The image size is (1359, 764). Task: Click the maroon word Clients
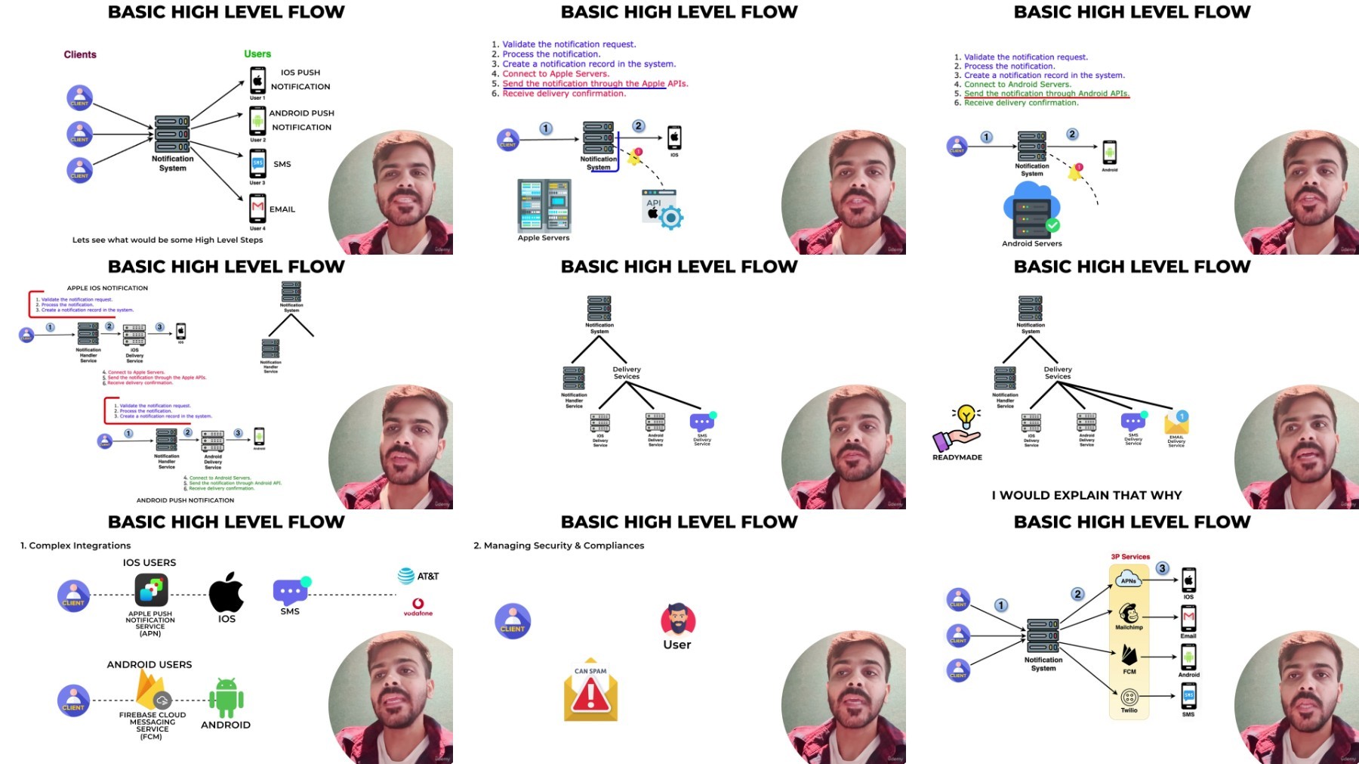click(x=80, y=54)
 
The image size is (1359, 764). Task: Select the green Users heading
click(x=257, y=54)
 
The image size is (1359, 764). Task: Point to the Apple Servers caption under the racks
click(x=544, y=238)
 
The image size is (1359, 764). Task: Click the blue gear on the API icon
click(x=670, y=218)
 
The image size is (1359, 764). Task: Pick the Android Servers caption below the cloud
click(x=1031, y=243)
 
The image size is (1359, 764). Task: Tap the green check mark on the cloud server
click(x=1052, y=225)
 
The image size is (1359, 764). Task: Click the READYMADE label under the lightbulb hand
click(x=957, y=457)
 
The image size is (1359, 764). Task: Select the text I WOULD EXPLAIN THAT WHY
click(x=1086, y=495)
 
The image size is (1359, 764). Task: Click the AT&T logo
click(x=418, y=576)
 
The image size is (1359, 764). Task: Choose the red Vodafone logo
click(x=418, y=606)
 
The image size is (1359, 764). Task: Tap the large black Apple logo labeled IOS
click(x=226, y=592)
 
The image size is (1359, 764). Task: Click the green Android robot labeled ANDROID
click(x=226, y=697)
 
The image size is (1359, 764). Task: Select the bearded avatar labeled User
click(x=677, y=620)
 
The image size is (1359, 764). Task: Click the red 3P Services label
click(x=1130, y=557)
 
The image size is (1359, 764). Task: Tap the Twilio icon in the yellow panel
click(x=1129, y=697)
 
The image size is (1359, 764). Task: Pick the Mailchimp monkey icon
click(x=1129, y=614)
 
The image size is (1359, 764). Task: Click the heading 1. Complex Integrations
click(x=75, y=546)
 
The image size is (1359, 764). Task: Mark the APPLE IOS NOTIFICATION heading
click(x=107, y=288)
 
